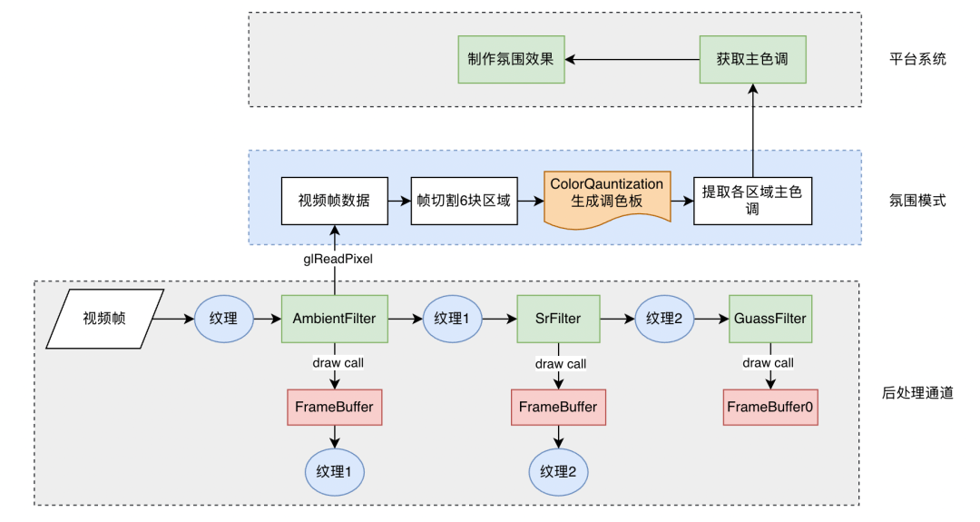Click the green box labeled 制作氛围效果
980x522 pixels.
(x=511, y=59)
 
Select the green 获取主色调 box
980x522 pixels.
(x=752, y=59)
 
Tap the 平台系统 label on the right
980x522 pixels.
(x=917, y=59)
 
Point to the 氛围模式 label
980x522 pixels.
(x=917, y=200)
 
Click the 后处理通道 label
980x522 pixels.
(x=917, y=393)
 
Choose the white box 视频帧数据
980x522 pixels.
(x=334, y=201)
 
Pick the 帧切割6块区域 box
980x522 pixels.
(x=464, y=201)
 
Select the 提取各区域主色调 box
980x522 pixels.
(x=752, y=201)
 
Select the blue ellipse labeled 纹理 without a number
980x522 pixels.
(x=223, y=319)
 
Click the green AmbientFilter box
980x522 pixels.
(x=334, y=319)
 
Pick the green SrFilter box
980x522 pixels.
(x=558, y=319)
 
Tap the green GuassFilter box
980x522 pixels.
(x=769, y=319)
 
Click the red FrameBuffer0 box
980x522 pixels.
(x=770, y=407)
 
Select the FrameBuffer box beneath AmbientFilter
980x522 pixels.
(x=334, y=407)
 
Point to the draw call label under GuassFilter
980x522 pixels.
(x=768, y=363)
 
